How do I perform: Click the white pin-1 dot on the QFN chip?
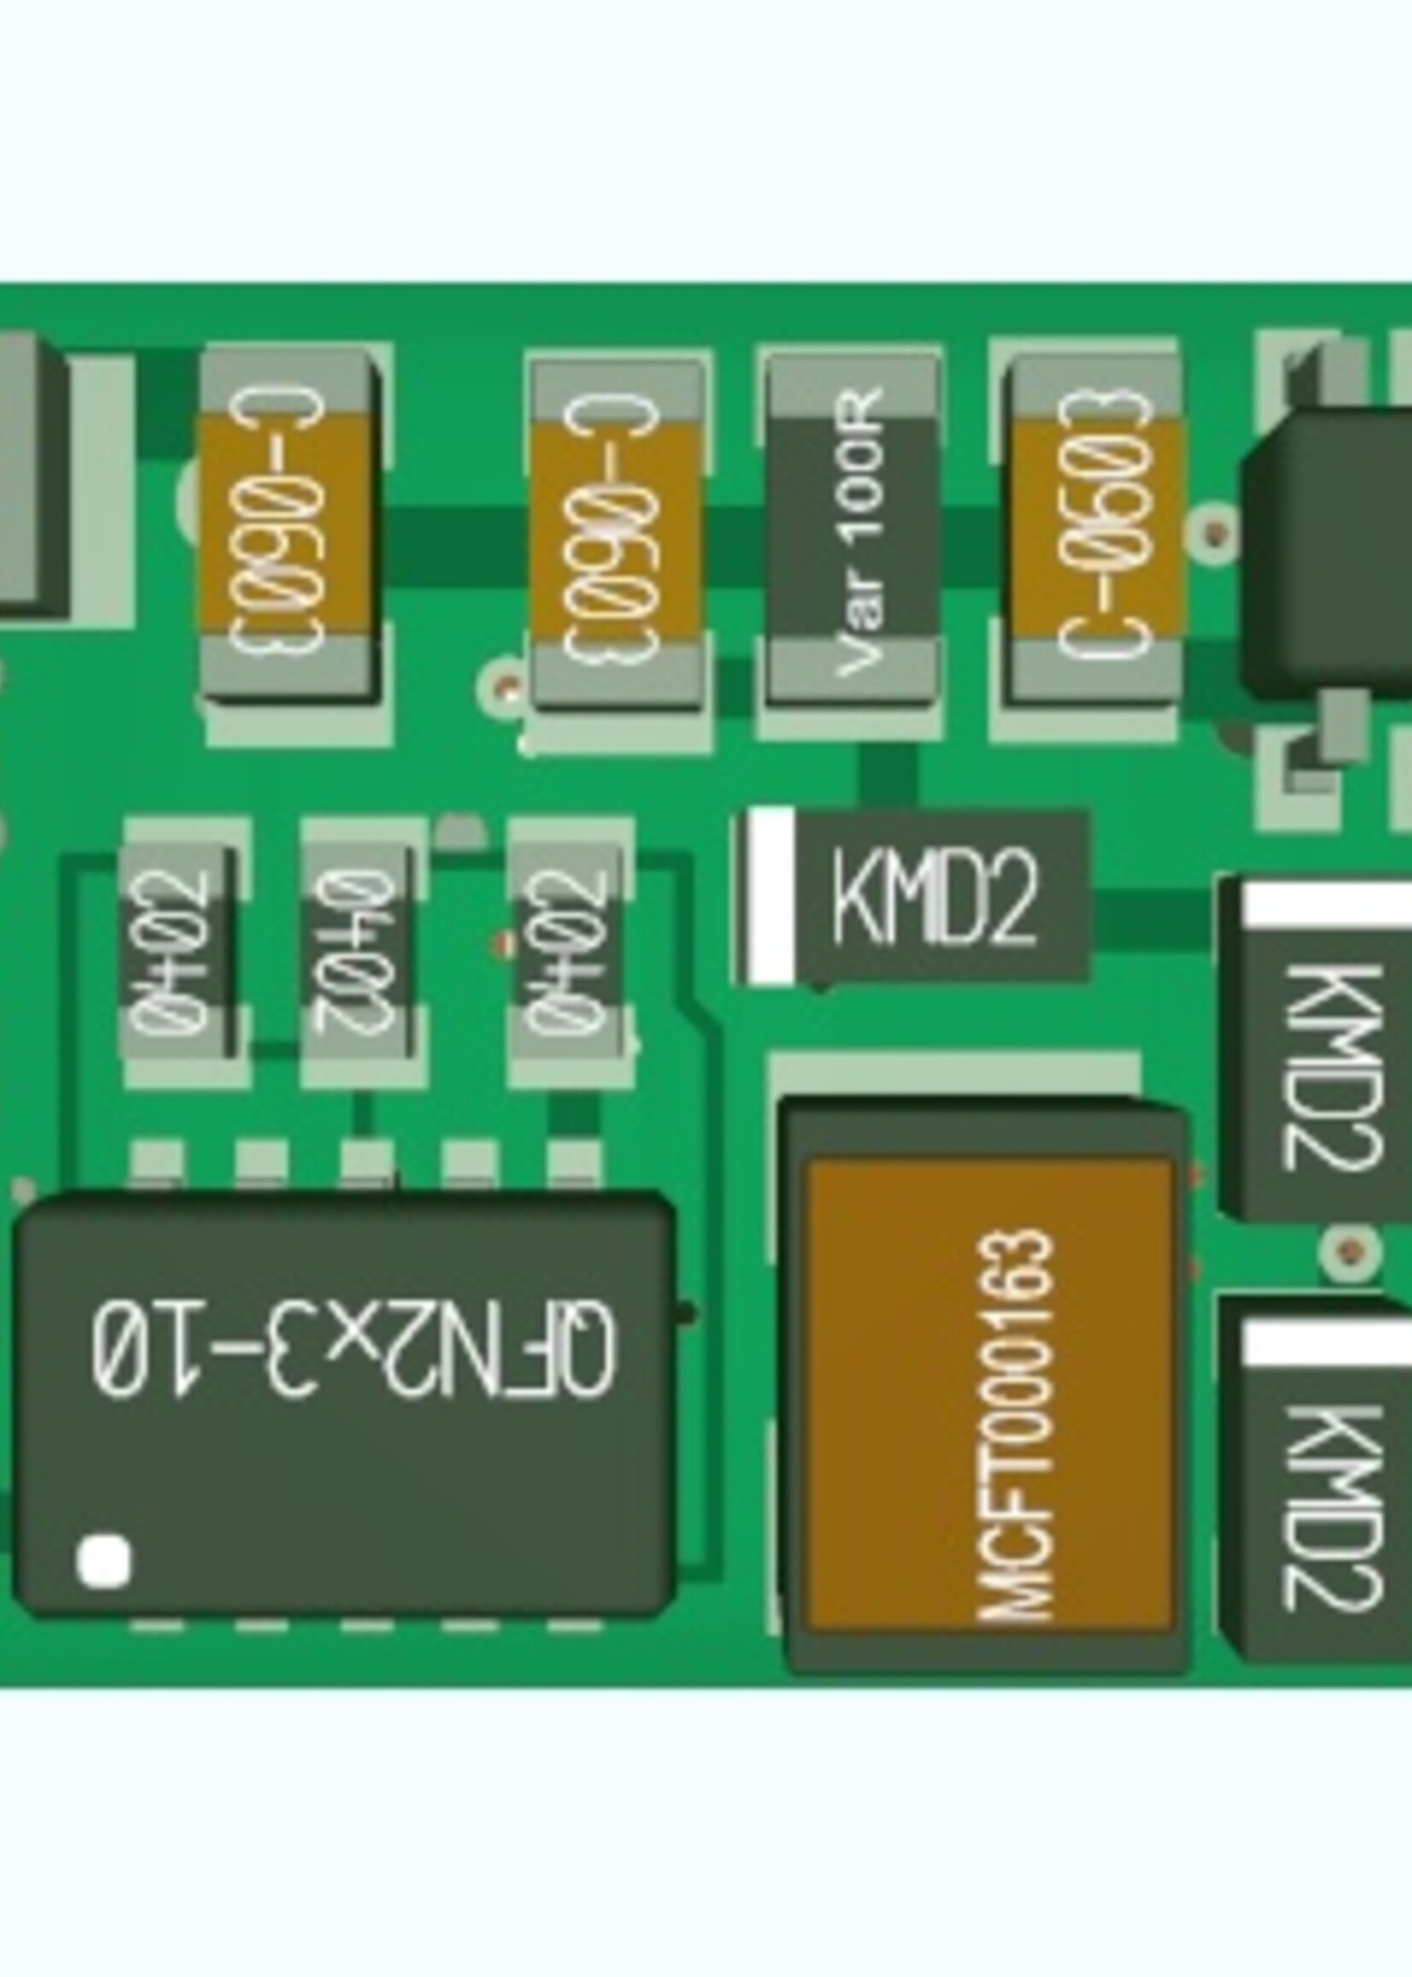point(104,1560)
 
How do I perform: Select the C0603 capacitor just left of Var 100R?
point(617,532)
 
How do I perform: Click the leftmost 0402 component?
point(178,953)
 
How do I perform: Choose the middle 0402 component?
point(356,953)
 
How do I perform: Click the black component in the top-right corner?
point(1330,556)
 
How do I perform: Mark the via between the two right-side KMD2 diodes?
point(1349,1251)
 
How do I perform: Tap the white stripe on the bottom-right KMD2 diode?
point(1327,1342)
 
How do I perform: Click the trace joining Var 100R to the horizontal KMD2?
point(887,774)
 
